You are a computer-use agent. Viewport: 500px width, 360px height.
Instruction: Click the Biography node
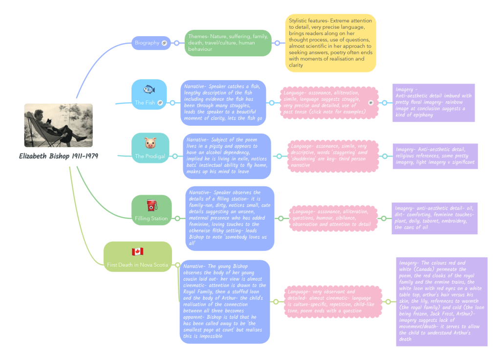148,43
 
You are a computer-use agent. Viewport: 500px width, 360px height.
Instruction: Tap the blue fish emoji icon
149,90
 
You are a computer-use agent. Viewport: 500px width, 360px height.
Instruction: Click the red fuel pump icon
152,205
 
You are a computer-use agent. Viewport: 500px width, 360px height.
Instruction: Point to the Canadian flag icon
137,251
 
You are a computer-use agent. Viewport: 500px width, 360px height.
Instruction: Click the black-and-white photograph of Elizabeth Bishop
59,125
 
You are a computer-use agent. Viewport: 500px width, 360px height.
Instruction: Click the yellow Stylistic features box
330,43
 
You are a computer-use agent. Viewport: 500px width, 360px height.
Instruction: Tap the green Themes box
228,43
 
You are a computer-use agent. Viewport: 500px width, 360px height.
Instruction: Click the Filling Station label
152,218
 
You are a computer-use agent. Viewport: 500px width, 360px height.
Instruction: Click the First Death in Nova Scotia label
137,265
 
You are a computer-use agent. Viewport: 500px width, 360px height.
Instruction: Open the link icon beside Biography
164,43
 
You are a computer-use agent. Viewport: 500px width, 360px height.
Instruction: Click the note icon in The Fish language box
370,103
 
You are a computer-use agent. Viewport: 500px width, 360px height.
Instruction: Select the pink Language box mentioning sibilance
333,218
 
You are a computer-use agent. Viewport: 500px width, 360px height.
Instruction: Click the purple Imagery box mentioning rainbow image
434,103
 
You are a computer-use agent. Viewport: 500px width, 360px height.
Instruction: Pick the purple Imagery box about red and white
441,301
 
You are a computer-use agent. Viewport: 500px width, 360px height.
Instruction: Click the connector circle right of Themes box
277,43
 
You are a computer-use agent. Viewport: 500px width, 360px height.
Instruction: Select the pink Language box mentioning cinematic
333,301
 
